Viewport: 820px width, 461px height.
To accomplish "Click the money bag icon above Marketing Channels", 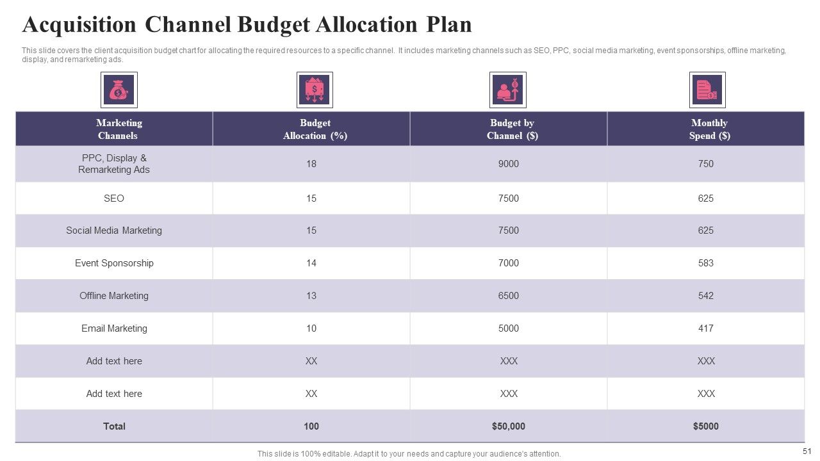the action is (x=119, y=90).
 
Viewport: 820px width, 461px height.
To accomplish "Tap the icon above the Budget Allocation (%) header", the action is (x=315, y=90).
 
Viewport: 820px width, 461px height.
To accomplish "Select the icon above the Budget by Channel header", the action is (x=508, y=90).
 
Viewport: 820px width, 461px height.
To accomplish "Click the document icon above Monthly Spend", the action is (x=707, y=90).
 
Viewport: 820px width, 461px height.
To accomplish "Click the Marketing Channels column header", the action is (x=119, y=129).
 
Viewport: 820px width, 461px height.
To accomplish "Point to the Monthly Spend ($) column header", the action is (x=709, y=129).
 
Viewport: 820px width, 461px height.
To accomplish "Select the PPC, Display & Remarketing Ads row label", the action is (x=114, y=163).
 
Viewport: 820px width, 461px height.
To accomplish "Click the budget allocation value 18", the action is (x=311, y=163).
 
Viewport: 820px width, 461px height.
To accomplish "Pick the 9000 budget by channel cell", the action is (x=509, y=163).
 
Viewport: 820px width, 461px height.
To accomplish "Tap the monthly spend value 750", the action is (x=706, y=163).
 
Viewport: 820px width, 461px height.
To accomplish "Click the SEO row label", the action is (x=114, y=198).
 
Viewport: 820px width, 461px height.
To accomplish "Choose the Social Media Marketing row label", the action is (x=114, y=230).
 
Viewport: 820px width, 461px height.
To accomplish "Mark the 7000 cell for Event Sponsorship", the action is (x=509, y=263).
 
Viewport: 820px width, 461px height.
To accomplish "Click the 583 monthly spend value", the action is (x=706, y=263).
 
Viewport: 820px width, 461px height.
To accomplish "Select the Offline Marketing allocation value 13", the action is (x=311, y=295).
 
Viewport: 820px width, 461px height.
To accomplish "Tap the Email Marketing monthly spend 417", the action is (x=706, y=328).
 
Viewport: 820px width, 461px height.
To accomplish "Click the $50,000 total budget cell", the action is (x=509, y=426).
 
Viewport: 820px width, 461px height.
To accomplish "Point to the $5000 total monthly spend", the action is (x=706, y=426).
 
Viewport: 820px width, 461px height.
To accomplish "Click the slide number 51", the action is (x=807, y=451).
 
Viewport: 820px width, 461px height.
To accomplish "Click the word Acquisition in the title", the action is (x=79, y=25).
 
